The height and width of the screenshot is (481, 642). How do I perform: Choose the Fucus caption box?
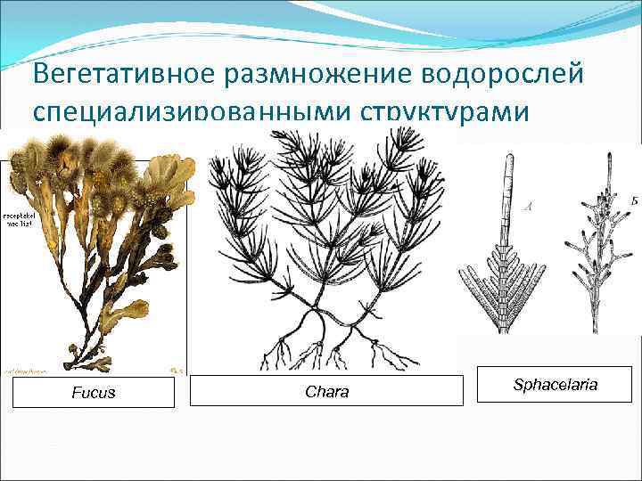pos(94,392)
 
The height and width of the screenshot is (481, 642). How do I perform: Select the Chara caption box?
pos(327,391)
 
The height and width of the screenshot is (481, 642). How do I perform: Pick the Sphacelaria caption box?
pos(555,384)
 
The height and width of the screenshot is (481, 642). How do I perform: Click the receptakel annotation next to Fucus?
pos(18,219)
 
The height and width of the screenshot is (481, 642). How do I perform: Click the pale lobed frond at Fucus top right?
pos(175,178)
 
